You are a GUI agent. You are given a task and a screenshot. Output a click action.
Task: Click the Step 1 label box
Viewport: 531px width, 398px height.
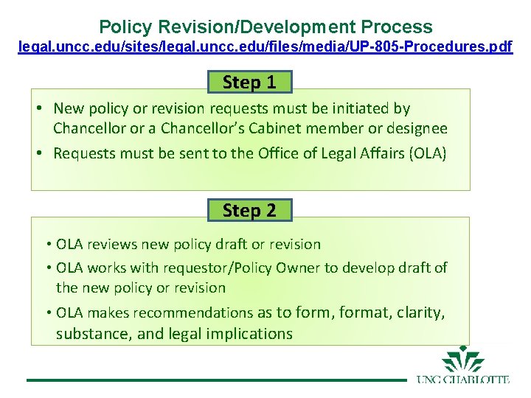[249, 82]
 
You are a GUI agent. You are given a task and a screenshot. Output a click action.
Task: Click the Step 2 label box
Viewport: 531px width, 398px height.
[249, 210]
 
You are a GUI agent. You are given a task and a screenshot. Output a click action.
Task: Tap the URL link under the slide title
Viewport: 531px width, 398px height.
[265, 47]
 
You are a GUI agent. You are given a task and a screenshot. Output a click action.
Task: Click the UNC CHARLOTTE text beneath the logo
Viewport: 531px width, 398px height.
[463, 380]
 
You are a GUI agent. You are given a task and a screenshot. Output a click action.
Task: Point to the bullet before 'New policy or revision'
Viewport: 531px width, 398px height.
[41, 108]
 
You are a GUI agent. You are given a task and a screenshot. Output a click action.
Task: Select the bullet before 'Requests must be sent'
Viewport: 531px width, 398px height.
[41, 153]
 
